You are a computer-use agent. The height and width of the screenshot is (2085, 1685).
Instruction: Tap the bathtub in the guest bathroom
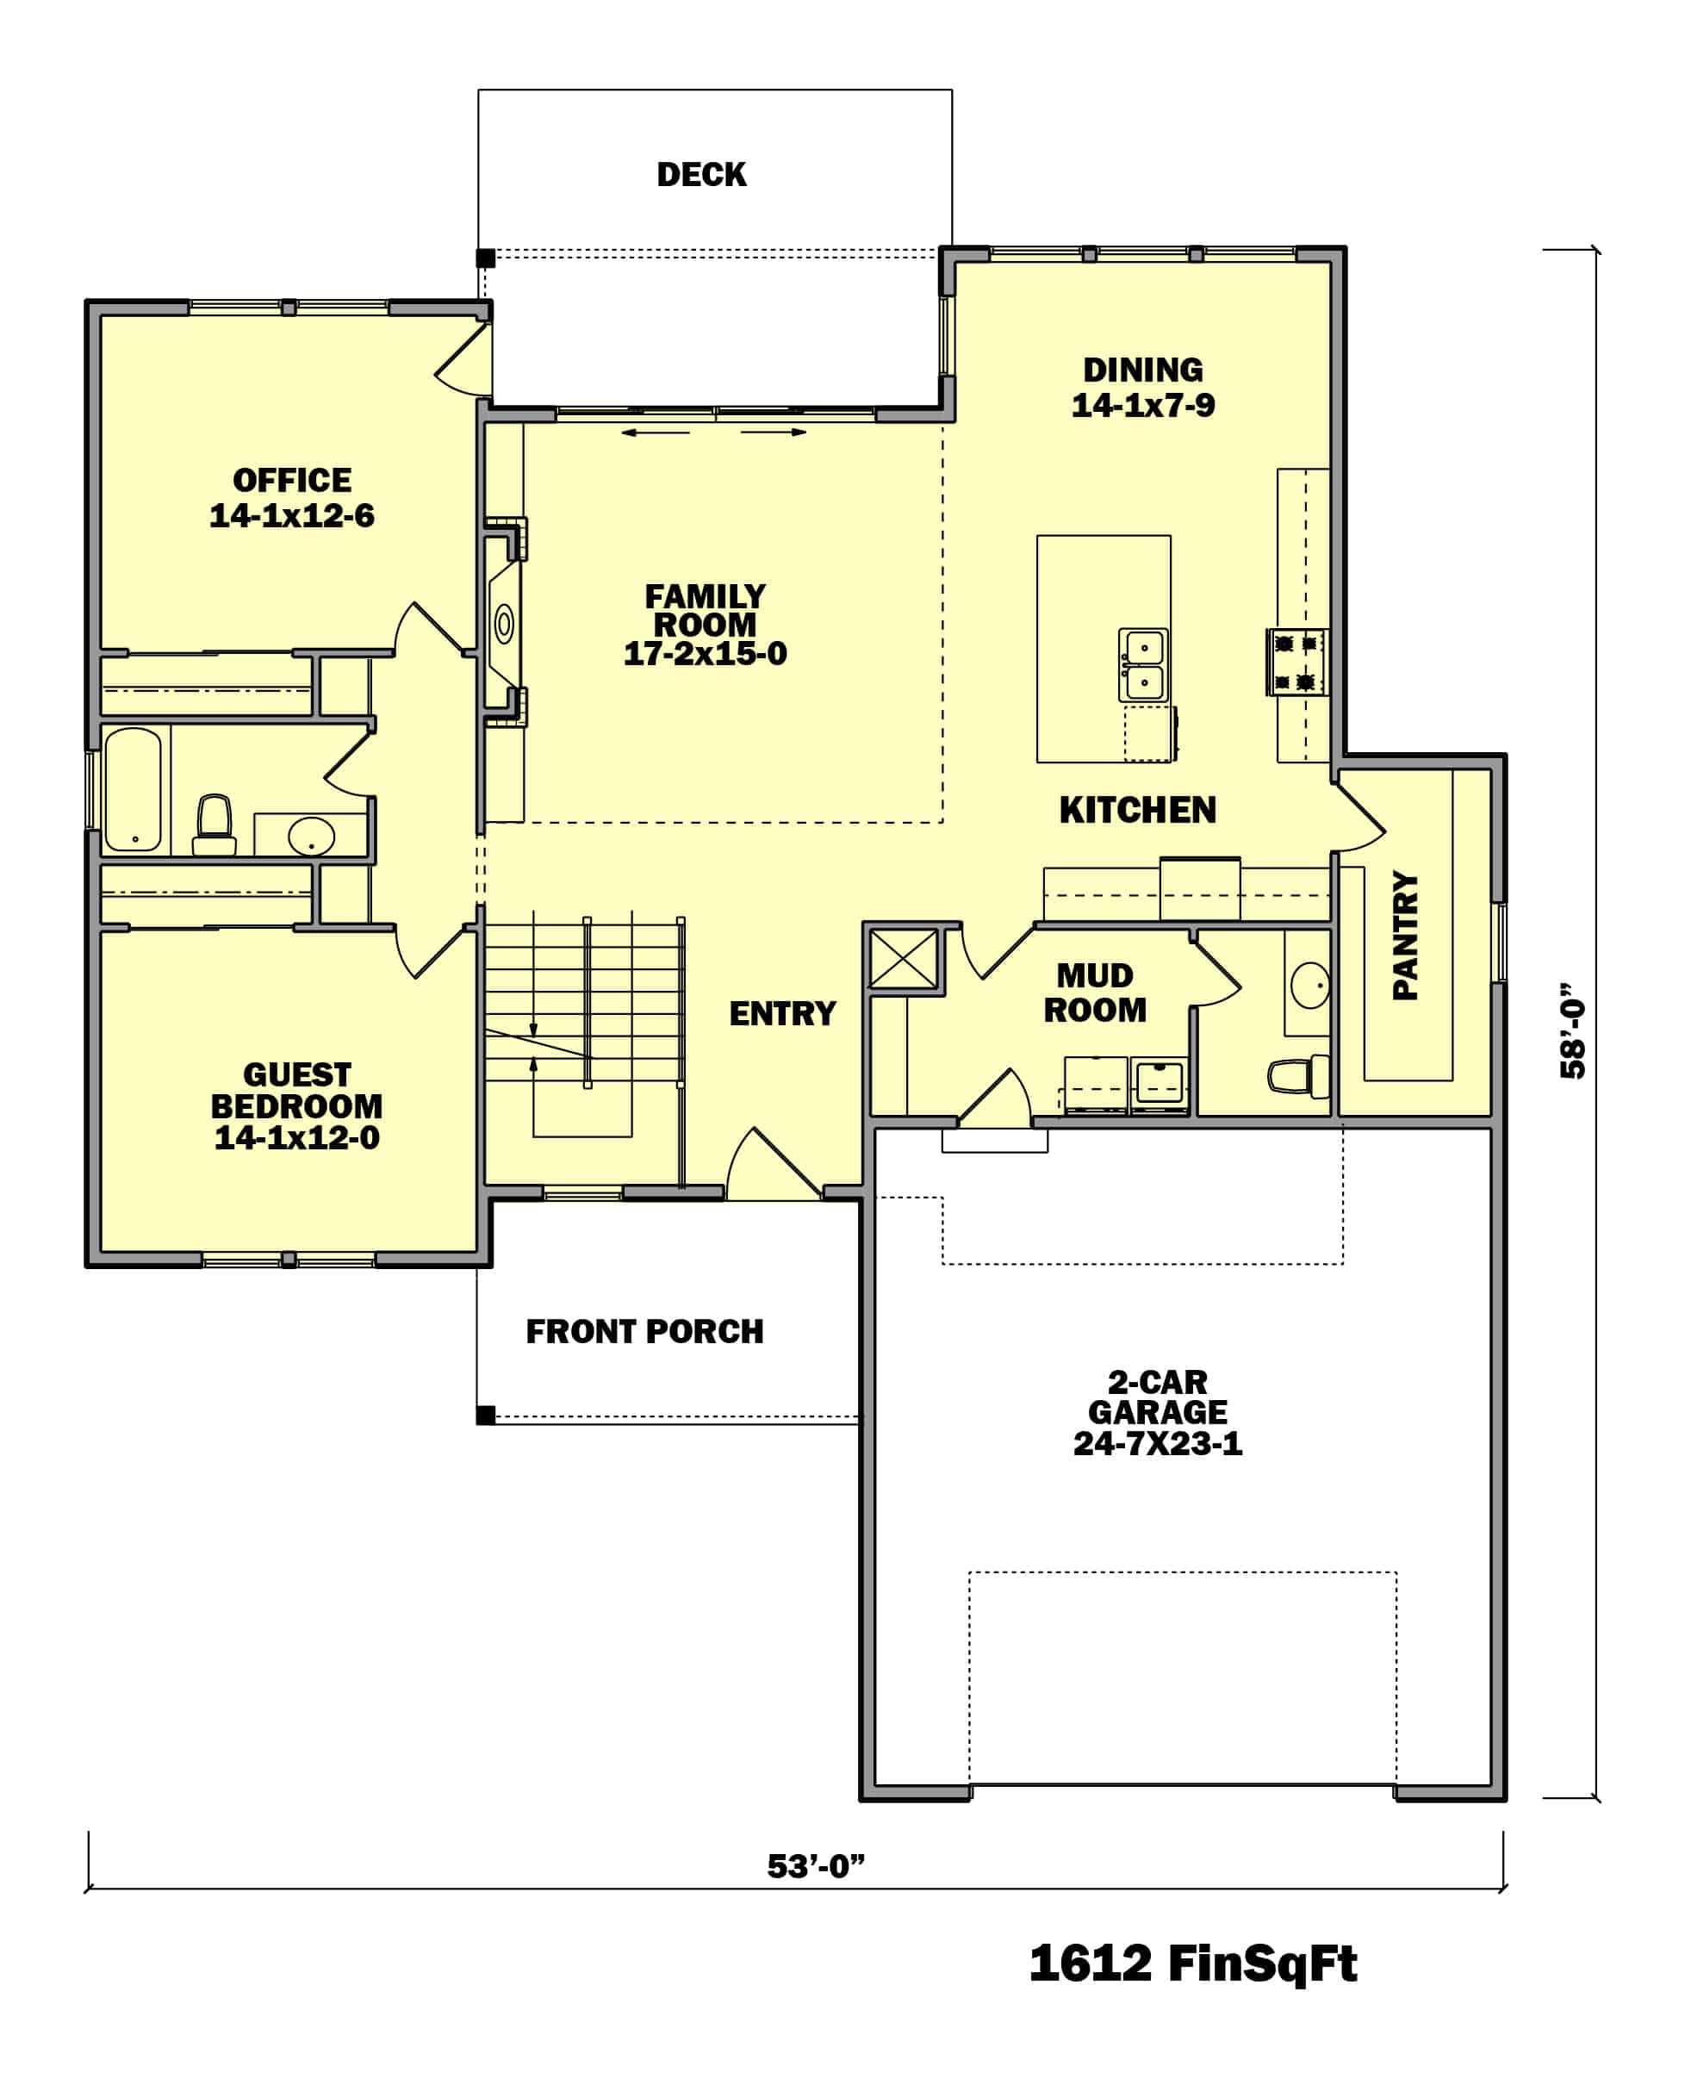coord(133,789)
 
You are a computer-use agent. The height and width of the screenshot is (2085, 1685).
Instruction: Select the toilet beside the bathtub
coord(214,825)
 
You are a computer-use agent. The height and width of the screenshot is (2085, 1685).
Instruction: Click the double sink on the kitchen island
coord(1143,665)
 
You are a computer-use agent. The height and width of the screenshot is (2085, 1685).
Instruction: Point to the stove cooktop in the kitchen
coord(1296,662)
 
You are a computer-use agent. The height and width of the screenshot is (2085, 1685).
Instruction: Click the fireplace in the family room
coord(505,623)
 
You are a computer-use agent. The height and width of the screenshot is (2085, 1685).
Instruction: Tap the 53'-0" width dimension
coord(814,1865)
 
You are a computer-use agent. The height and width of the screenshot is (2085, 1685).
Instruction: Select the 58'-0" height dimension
coord(1571,1030)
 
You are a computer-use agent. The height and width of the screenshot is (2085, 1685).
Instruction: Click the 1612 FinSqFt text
coord(1192,1964)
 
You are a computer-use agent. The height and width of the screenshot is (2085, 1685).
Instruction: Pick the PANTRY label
coord(1404,935)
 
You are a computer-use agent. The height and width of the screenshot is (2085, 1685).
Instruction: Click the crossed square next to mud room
coord(903,959)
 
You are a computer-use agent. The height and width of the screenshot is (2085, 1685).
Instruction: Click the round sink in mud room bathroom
coord(1309,986)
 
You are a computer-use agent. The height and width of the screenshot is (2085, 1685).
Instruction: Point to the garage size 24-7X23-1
coord(1157,1443)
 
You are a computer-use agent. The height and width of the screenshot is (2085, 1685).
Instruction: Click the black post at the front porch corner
coord(486,1416)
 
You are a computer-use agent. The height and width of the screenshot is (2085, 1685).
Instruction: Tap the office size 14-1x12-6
coord(291,515)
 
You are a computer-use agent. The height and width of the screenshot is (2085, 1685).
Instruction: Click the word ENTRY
coord(781,1013)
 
